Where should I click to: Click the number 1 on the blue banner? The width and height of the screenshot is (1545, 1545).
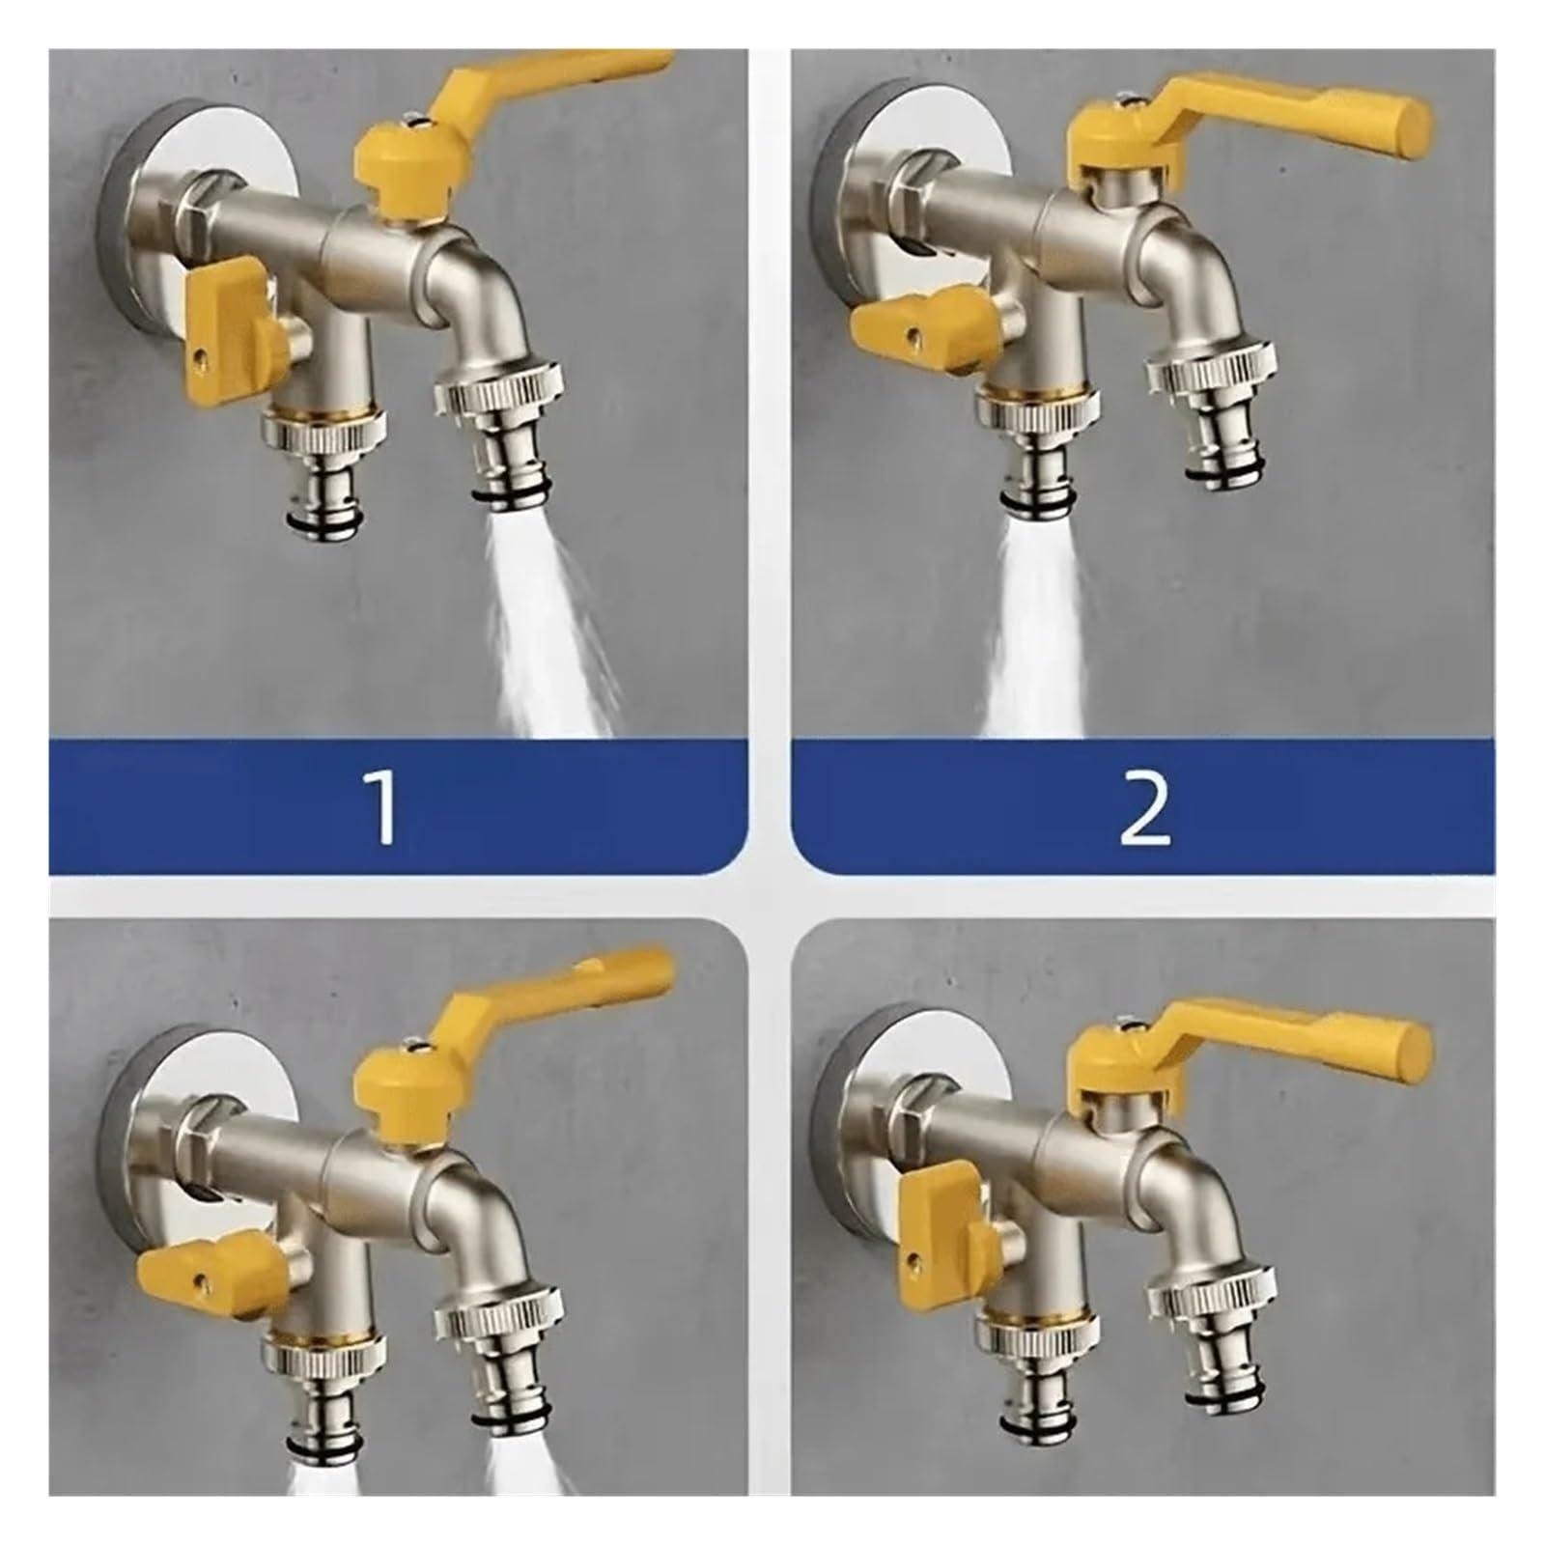click(384, 809)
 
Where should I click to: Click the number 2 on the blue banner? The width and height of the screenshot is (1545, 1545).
click(1144, 809)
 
